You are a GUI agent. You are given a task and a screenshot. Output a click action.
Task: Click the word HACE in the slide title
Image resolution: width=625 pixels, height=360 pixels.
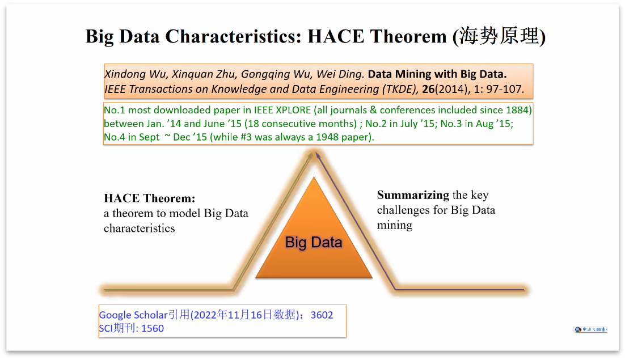(336, 36)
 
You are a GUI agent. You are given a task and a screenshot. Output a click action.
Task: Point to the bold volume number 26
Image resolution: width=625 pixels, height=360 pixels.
(428, 89)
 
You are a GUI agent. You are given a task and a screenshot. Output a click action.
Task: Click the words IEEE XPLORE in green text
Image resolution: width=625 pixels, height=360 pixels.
(282, 110)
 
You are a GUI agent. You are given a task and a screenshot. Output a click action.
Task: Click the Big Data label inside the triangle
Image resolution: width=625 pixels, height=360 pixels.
(314, 242)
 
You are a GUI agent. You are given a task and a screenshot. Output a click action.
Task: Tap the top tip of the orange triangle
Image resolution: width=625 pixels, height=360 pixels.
(314, 177)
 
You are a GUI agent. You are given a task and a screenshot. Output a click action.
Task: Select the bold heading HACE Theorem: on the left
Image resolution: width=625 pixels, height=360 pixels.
(150, 198)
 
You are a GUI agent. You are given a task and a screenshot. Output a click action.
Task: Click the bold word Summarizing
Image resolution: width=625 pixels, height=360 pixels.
(413, 195)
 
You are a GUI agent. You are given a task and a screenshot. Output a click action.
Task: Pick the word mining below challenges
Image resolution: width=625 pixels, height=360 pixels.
(395, 226)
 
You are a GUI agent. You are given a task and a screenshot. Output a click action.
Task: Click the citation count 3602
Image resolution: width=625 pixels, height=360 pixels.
(322, 315)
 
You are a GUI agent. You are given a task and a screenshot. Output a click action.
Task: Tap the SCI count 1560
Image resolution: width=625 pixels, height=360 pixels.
(153, 328)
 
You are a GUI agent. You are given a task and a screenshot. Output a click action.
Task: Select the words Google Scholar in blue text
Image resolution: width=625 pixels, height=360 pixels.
(133, 315)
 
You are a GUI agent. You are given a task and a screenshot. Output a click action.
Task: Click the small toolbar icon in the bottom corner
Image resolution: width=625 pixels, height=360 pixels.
(590, 329)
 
